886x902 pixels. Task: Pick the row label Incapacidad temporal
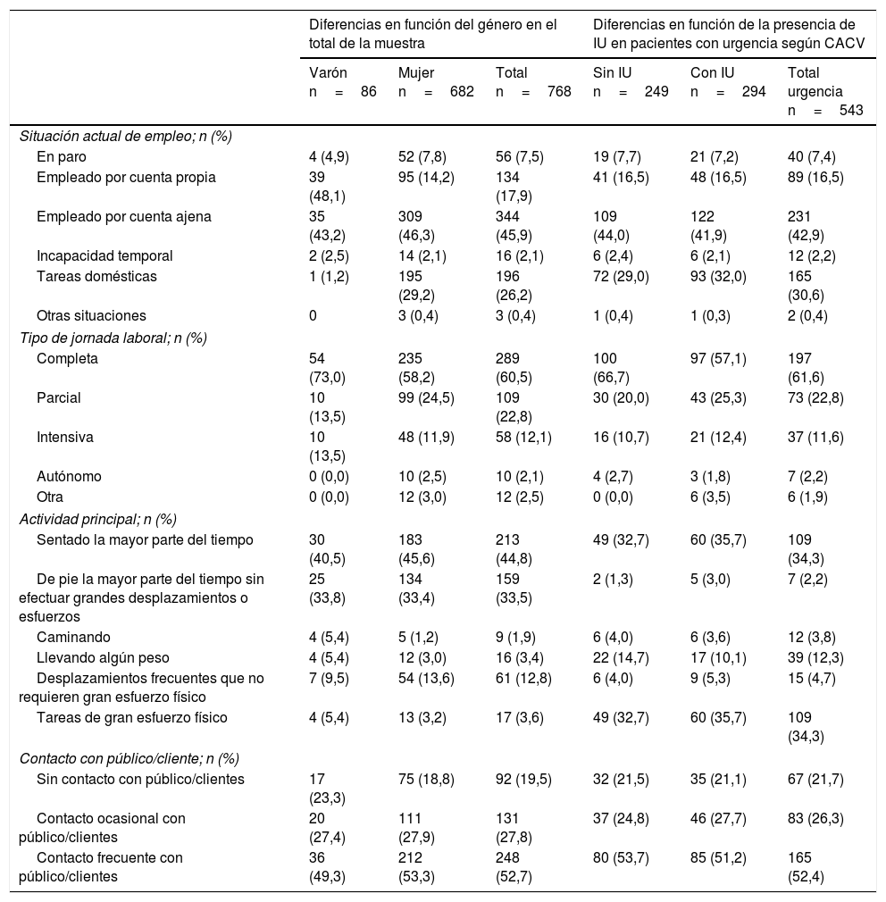coord(104,255)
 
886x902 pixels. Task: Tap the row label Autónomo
coord(69,476)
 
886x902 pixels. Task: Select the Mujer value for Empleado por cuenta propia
coord(426,177)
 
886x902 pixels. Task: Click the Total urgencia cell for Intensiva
coord(815,438)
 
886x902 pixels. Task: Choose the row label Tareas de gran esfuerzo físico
coord(131,717)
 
